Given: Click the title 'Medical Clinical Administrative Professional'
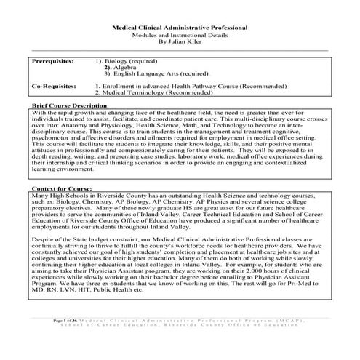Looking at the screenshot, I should tap(180, 27).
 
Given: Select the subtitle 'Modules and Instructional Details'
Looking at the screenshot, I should tap(180, 35).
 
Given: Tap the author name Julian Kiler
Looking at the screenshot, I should tap(180, 43).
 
